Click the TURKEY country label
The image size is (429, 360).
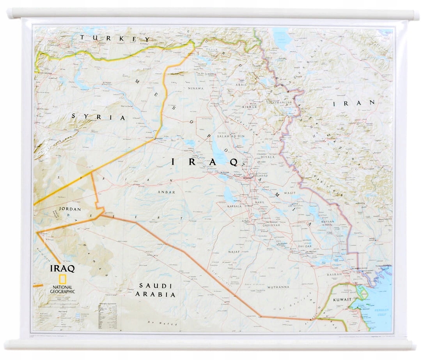(115, 38)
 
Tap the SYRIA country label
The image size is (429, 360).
(98, 117)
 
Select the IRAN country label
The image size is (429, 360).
(355, 103)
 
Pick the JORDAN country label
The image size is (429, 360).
(70, 209)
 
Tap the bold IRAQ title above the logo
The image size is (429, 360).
(62, 268)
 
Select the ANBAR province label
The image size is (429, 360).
(167, 192)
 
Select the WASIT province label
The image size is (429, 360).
(290, 193)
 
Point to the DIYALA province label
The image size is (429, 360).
(268, 157)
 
